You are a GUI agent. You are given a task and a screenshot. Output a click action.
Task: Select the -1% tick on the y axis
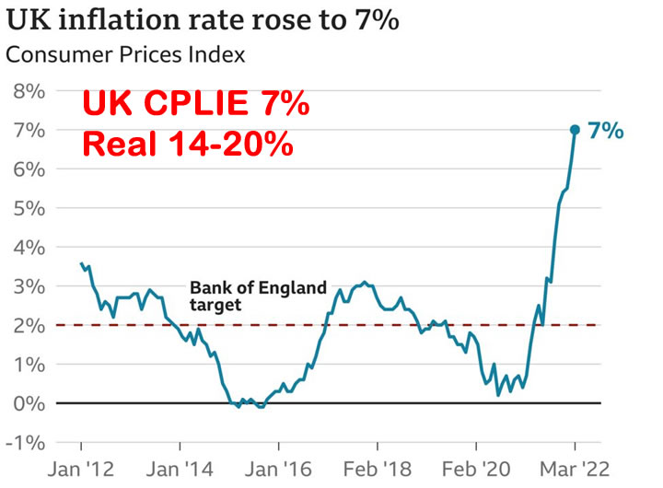(x=25, y=442)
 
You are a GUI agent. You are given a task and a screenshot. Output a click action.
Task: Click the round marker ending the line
(x=575, y=130)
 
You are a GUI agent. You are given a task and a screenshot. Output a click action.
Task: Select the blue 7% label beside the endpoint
(x=605, y=131)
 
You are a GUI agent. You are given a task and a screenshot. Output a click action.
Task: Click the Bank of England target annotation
(x=258, y=296)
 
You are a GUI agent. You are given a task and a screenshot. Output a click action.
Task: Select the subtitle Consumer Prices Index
(x=125, y=54)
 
